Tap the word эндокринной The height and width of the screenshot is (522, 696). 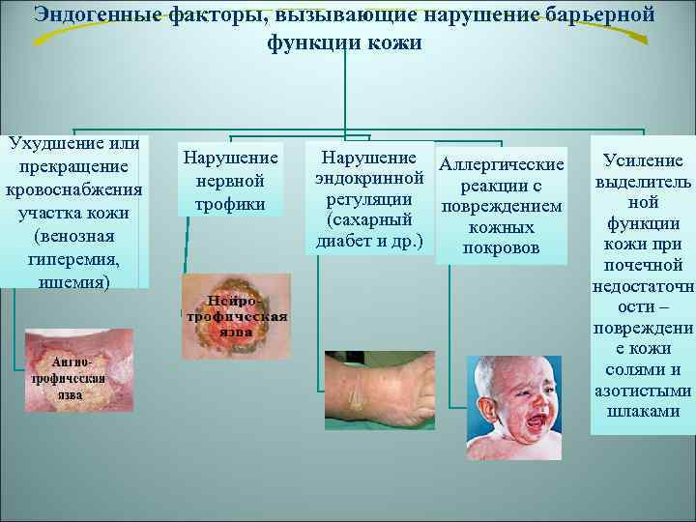pyautogui.click(x=368, y=179)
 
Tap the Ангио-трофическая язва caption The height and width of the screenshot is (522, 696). pyautogui.click(x=65, y=378)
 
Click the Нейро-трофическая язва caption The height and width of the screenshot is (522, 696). pyautogui.click(x=237, y=316)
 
